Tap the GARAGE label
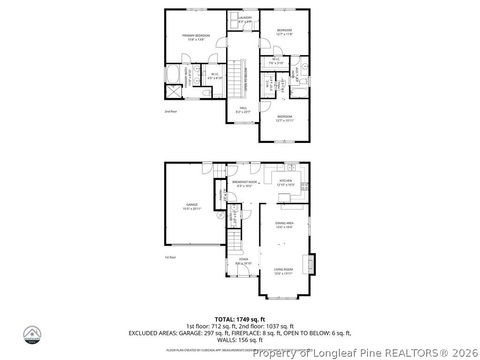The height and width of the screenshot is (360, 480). pos(190,207)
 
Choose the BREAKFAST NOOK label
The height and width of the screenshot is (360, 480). pos(244,184)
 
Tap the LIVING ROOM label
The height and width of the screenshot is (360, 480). pos(285,269)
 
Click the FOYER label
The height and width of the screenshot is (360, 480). pos(243,262)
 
